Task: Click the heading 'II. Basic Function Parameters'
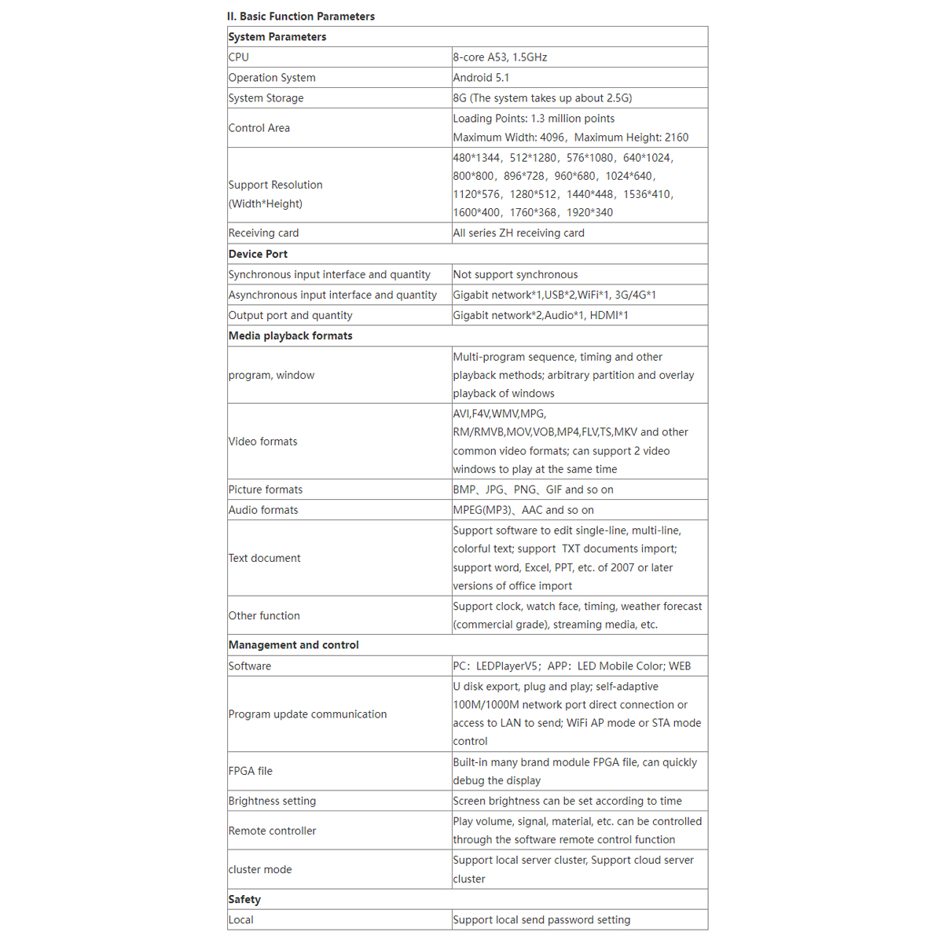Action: click(301, 17)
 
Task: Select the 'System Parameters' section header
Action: click(277, 37)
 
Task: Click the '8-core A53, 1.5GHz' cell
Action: click(500, 57)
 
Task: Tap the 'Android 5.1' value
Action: click(481, 78)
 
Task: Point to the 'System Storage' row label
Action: click(266, 98)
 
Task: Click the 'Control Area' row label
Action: click(259, 128)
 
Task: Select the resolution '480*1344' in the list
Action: click(476, 158)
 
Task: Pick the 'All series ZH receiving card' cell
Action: click(519, 233)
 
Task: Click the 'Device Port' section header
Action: click(258, 254)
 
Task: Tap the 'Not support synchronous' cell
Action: click(516, 274)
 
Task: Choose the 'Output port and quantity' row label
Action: click(290, 315)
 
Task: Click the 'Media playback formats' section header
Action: click(291, 336)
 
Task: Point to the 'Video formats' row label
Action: click(263, 442)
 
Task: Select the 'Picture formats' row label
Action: click(266, 490)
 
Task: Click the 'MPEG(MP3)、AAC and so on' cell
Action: click(523, 510)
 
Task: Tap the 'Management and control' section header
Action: click(294, 645)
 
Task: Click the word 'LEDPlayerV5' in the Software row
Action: click(507, 666)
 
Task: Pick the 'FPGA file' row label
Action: click(251, 772)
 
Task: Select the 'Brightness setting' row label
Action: click(272, 802)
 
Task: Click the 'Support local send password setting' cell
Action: click(541, 920)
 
